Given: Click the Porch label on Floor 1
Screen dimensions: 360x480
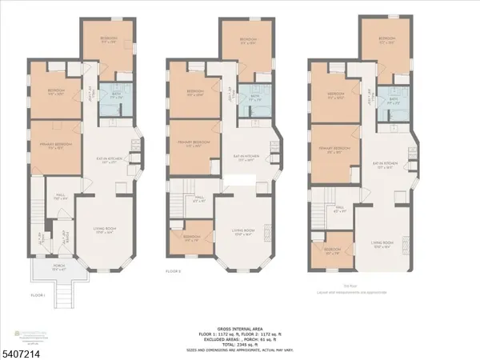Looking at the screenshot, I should pos(50,269).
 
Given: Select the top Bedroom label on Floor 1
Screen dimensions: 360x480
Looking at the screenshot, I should pos(108,40).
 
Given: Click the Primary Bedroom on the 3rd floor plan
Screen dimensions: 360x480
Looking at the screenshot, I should pos(336,150).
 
